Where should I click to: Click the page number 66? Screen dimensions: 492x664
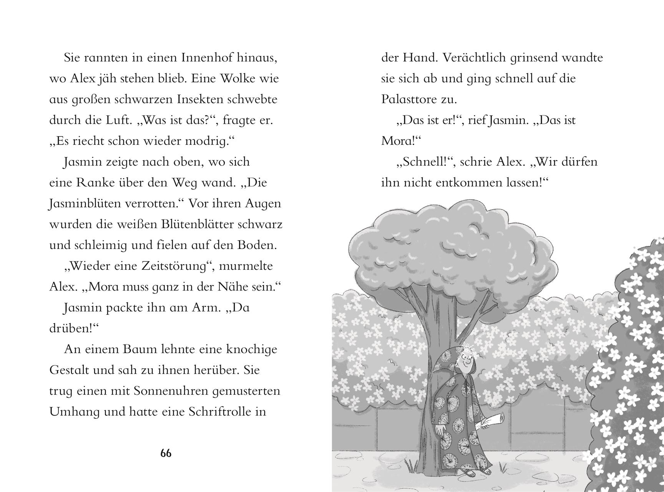pos(166,454)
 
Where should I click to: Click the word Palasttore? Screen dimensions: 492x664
pos(410,100)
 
